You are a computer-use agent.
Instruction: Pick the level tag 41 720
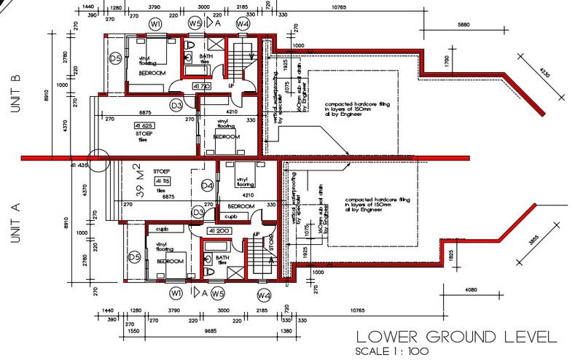click(201, 86)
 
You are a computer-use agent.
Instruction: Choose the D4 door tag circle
click(207, 187)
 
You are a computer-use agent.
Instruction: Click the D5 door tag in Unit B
click(114, 58)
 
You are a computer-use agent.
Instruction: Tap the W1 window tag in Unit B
click(155, 24)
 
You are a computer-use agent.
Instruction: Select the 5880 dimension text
click(464, 25)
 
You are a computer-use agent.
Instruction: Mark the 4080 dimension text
click(472, 290)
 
